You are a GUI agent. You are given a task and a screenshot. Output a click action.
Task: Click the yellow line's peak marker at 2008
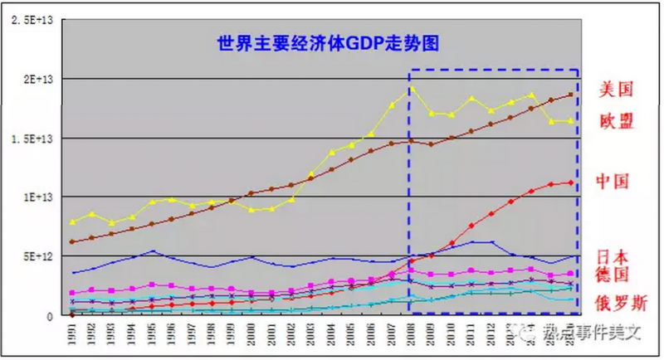[x=410, y=89]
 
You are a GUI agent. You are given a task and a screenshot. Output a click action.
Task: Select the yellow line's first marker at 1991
[x=73, y=222]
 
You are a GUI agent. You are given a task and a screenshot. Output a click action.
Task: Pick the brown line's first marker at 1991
[x=73, y=241]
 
